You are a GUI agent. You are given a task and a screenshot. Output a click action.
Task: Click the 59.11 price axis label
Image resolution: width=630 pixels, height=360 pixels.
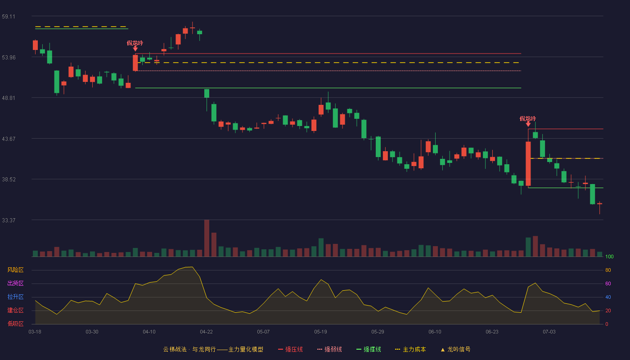(9, 17)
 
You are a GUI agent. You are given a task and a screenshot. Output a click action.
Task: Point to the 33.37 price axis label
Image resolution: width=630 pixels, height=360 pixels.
(9, 220)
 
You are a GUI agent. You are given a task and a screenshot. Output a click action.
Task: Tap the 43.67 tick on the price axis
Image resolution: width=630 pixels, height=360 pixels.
(9, 139)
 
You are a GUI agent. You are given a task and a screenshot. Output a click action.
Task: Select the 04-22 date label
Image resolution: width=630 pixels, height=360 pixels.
(206, 332)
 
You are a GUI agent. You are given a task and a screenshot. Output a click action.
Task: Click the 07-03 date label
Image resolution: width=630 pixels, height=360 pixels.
(549, 332)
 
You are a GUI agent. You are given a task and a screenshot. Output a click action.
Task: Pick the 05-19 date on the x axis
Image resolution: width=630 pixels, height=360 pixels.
(320, 332)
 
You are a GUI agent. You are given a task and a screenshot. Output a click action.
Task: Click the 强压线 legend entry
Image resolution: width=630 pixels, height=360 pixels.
(290, 349)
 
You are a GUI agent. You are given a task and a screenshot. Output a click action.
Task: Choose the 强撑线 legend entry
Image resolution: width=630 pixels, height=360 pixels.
(369, 349)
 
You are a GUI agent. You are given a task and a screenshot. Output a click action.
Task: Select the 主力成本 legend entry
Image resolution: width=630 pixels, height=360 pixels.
(410, 349)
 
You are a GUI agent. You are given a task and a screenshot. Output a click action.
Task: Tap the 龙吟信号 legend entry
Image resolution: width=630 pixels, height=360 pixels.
(455, 349)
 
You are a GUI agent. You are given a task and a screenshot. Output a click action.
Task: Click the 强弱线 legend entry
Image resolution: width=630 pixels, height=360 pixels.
(329, 349)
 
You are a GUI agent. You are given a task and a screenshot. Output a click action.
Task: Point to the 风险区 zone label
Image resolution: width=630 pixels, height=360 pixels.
(15, 270)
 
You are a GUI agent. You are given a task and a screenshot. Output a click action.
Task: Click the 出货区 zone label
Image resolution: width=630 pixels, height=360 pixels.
(15, 283)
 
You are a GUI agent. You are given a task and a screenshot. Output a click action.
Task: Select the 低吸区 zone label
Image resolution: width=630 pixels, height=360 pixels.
(15, 324)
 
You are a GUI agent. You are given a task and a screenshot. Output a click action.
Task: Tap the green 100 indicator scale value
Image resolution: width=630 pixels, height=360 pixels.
(609, 256)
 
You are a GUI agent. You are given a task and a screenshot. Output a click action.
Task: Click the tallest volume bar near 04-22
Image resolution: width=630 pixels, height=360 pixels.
(207, 238)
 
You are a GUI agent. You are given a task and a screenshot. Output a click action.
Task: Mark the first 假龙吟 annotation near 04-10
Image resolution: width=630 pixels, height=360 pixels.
(135, 43)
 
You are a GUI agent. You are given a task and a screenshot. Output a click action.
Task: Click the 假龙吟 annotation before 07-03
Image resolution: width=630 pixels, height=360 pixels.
(527, 119)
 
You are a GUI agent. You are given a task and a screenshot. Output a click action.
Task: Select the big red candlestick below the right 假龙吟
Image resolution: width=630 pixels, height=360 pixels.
(528, 164)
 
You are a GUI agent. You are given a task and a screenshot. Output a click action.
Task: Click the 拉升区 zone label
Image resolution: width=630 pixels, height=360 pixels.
(15, 297)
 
